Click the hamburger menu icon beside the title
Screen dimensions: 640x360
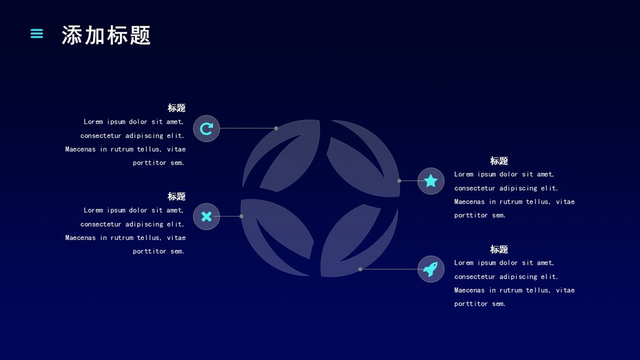37,34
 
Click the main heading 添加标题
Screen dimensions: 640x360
106,35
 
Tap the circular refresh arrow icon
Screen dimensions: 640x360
206,128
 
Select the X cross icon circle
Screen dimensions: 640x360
206,217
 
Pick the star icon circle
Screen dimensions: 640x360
431,181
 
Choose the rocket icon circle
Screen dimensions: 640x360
431,269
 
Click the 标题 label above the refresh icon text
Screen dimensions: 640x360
176,108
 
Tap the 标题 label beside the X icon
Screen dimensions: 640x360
176,196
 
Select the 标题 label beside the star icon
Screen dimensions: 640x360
498,161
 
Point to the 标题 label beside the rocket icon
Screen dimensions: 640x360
498,249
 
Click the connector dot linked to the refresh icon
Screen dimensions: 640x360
276,128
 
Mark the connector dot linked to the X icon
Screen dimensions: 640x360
241,216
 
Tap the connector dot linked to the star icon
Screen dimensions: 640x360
399,181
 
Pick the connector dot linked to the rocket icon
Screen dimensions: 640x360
360,269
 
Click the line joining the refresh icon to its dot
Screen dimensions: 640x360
247,128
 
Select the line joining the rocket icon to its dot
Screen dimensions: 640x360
389,269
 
